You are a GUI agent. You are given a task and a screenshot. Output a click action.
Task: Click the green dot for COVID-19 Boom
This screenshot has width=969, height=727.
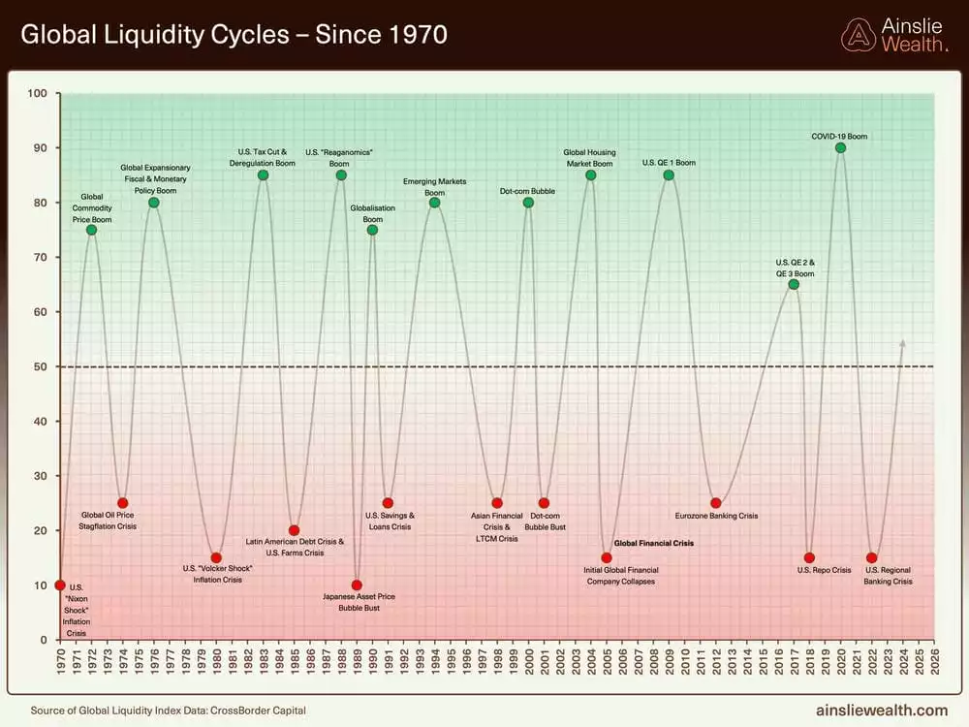[x=840, y=147]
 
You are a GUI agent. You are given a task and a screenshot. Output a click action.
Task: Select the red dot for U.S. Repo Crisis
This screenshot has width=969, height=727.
[x=809, y=557]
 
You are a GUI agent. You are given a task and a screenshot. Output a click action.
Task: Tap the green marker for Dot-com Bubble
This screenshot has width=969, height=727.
[x=528, y=203]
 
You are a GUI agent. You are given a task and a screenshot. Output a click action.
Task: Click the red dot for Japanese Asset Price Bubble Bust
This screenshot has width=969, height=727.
[x=357, y=585]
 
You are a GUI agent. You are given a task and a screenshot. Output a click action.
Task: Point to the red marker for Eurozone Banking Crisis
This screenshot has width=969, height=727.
[x=715, y=503]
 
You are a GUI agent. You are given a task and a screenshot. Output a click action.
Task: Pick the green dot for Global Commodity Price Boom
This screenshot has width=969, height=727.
[x=91, y=230]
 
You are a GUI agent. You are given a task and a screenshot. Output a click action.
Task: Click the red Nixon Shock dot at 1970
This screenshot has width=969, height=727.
[x=60, y=585]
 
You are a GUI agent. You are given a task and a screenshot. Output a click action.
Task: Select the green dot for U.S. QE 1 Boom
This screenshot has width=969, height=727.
[x=669, y=175]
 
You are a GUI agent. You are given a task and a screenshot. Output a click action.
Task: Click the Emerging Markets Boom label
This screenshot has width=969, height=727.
[x=434, y=187]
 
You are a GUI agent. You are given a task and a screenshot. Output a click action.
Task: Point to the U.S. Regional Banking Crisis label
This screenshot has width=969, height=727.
[x=889, y=576]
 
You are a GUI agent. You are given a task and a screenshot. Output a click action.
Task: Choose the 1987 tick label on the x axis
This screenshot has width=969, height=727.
[x=326, y=663]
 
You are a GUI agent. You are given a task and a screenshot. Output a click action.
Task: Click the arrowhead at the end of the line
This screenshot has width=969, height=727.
[x=903, y=343]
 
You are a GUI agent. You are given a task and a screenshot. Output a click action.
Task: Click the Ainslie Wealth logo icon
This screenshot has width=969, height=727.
[x=858, y=35]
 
